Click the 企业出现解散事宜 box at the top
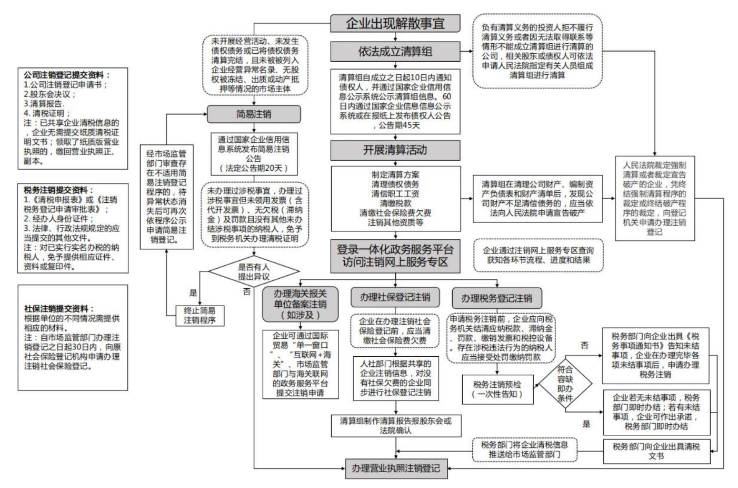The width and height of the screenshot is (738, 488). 395,23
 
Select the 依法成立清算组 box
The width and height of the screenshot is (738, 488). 395,51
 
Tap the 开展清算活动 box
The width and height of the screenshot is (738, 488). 395,150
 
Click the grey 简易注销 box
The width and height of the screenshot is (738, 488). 254,114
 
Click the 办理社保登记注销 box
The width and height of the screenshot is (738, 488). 395,297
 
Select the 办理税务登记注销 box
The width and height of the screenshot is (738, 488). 496,298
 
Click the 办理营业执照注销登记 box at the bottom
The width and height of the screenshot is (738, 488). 396,467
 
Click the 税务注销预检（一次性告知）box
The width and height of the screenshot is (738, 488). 497,389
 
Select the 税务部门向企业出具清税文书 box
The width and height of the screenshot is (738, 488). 656,451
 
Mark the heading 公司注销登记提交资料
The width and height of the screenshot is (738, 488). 67,75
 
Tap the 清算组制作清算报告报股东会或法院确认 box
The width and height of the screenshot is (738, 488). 395,425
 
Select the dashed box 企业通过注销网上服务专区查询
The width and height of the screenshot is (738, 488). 538,255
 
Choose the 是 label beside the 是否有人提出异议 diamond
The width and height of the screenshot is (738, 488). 193,292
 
